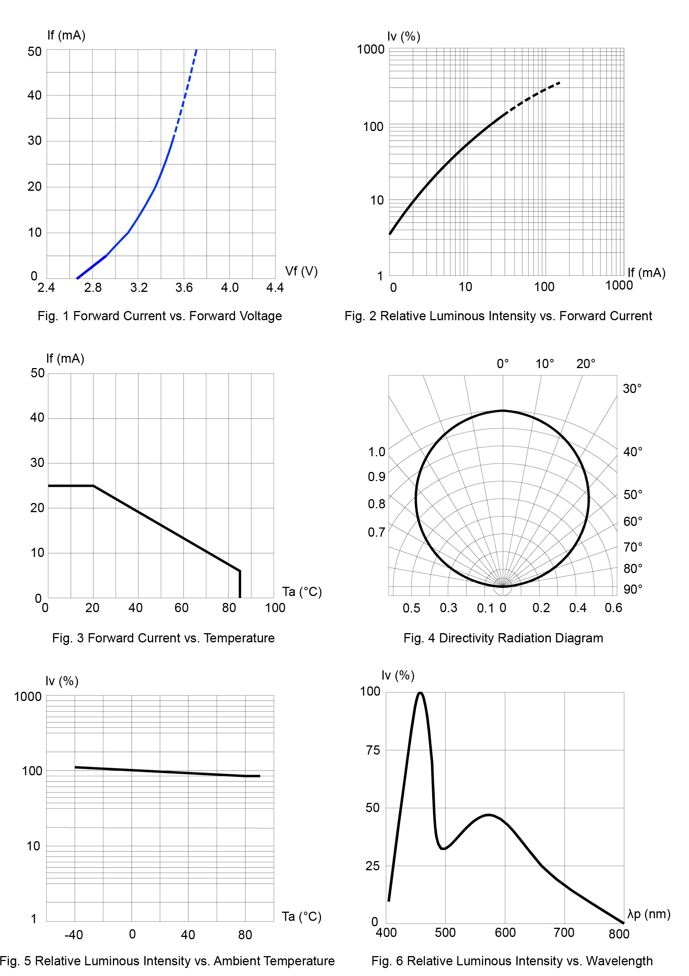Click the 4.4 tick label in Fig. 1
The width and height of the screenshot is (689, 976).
tap(274, 288)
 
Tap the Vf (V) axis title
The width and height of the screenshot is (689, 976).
tap(301, 271)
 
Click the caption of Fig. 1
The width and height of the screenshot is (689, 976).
tap(160, 316)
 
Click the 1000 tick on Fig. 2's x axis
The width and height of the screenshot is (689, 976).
tap(619, 285)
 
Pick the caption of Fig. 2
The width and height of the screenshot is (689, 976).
tap(498, 316)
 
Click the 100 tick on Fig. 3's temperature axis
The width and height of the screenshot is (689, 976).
tap(275, 608)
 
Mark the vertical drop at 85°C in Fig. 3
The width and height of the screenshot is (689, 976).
tap(240, 585)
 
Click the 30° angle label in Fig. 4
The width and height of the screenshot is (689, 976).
tap(632, 388)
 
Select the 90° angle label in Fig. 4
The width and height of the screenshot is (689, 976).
tap(632, 589)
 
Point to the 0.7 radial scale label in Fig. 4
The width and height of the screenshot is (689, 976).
tap(376, 532)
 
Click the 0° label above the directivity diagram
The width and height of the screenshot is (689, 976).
tap(503, 364)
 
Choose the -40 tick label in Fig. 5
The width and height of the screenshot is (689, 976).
tap(73, 935)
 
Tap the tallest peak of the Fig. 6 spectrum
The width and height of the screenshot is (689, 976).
tap(420, 693)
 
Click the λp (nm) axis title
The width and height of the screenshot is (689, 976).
tap(649, 914)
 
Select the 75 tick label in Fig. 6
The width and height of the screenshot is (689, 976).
tap(372, 750)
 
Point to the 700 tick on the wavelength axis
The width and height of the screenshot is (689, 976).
tap(564, 933)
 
